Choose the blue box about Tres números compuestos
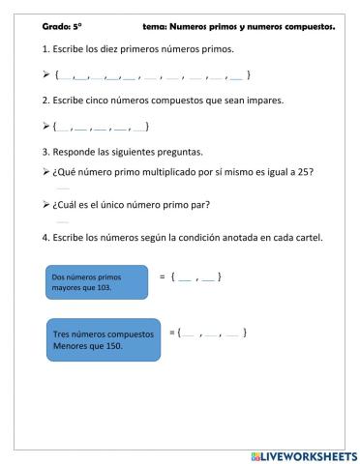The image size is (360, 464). tap(105, 339)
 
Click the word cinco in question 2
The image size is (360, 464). tap(105, 100)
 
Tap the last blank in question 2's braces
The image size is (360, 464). tap(138, 127)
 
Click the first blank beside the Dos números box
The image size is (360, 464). tap(184, 278)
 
